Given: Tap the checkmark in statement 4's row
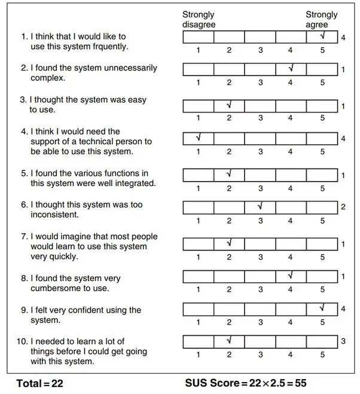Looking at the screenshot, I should [x=198, y=138].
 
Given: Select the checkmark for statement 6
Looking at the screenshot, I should [x=260, y=206].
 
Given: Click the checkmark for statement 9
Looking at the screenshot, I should [x=322, y=307].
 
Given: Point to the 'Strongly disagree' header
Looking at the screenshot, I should [x=199, y=20].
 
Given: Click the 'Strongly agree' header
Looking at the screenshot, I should [x=321, y=20].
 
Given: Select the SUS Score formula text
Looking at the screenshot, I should [x=246, y=382].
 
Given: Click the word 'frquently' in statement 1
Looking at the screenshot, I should [x=109, y=46].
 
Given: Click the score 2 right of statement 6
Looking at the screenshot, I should [x=343, y=207].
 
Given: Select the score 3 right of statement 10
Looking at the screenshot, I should [x=343, y=341].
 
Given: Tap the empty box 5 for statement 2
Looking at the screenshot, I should [x=322, y=70].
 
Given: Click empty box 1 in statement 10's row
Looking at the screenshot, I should [x=198, y=341].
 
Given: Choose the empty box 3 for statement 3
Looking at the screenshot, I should [x=260, y=106].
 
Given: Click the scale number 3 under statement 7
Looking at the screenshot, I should [x=260, y=257].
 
